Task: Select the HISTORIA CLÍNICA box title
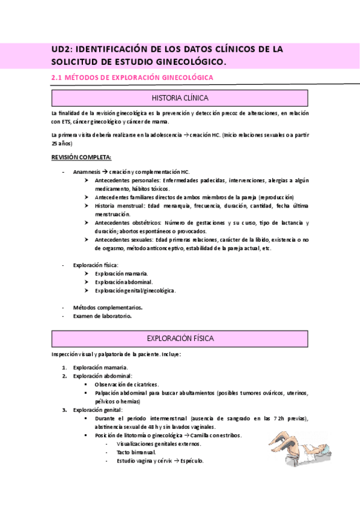click(180, 98)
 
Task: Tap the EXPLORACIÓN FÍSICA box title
click(180, 339)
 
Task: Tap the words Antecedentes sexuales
click(124, 240)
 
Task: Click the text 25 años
click(62, 144)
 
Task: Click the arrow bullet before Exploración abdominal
click(88, 282)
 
